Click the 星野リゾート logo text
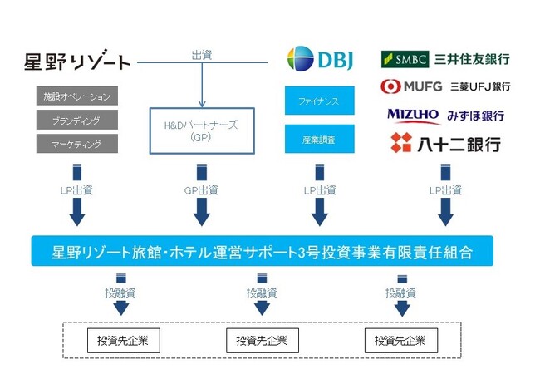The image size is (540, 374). (77, 61)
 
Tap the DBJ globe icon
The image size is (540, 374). (300, 59)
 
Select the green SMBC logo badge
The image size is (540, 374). (405, 59)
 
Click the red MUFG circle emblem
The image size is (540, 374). (390, 86)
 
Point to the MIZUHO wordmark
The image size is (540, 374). (413, 116)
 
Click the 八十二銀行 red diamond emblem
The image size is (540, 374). (401, 143)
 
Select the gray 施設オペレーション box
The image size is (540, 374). (77, 96)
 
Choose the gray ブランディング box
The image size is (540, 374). (77, 120)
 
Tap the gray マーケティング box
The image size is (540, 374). (77, 144)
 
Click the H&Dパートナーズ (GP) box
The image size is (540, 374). (202, 130)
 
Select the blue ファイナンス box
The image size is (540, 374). (319, 101)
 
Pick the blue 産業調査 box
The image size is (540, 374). (319, 139)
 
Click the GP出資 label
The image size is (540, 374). (202, 190)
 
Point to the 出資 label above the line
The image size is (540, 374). (202, 55)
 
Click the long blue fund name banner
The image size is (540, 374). (262, 251)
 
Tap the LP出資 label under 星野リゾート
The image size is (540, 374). (76, 190)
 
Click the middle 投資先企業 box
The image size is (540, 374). (263, 341)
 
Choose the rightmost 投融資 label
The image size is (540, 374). (400, 293)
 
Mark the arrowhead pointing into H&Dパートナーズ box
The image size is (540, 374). (202, 104)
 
